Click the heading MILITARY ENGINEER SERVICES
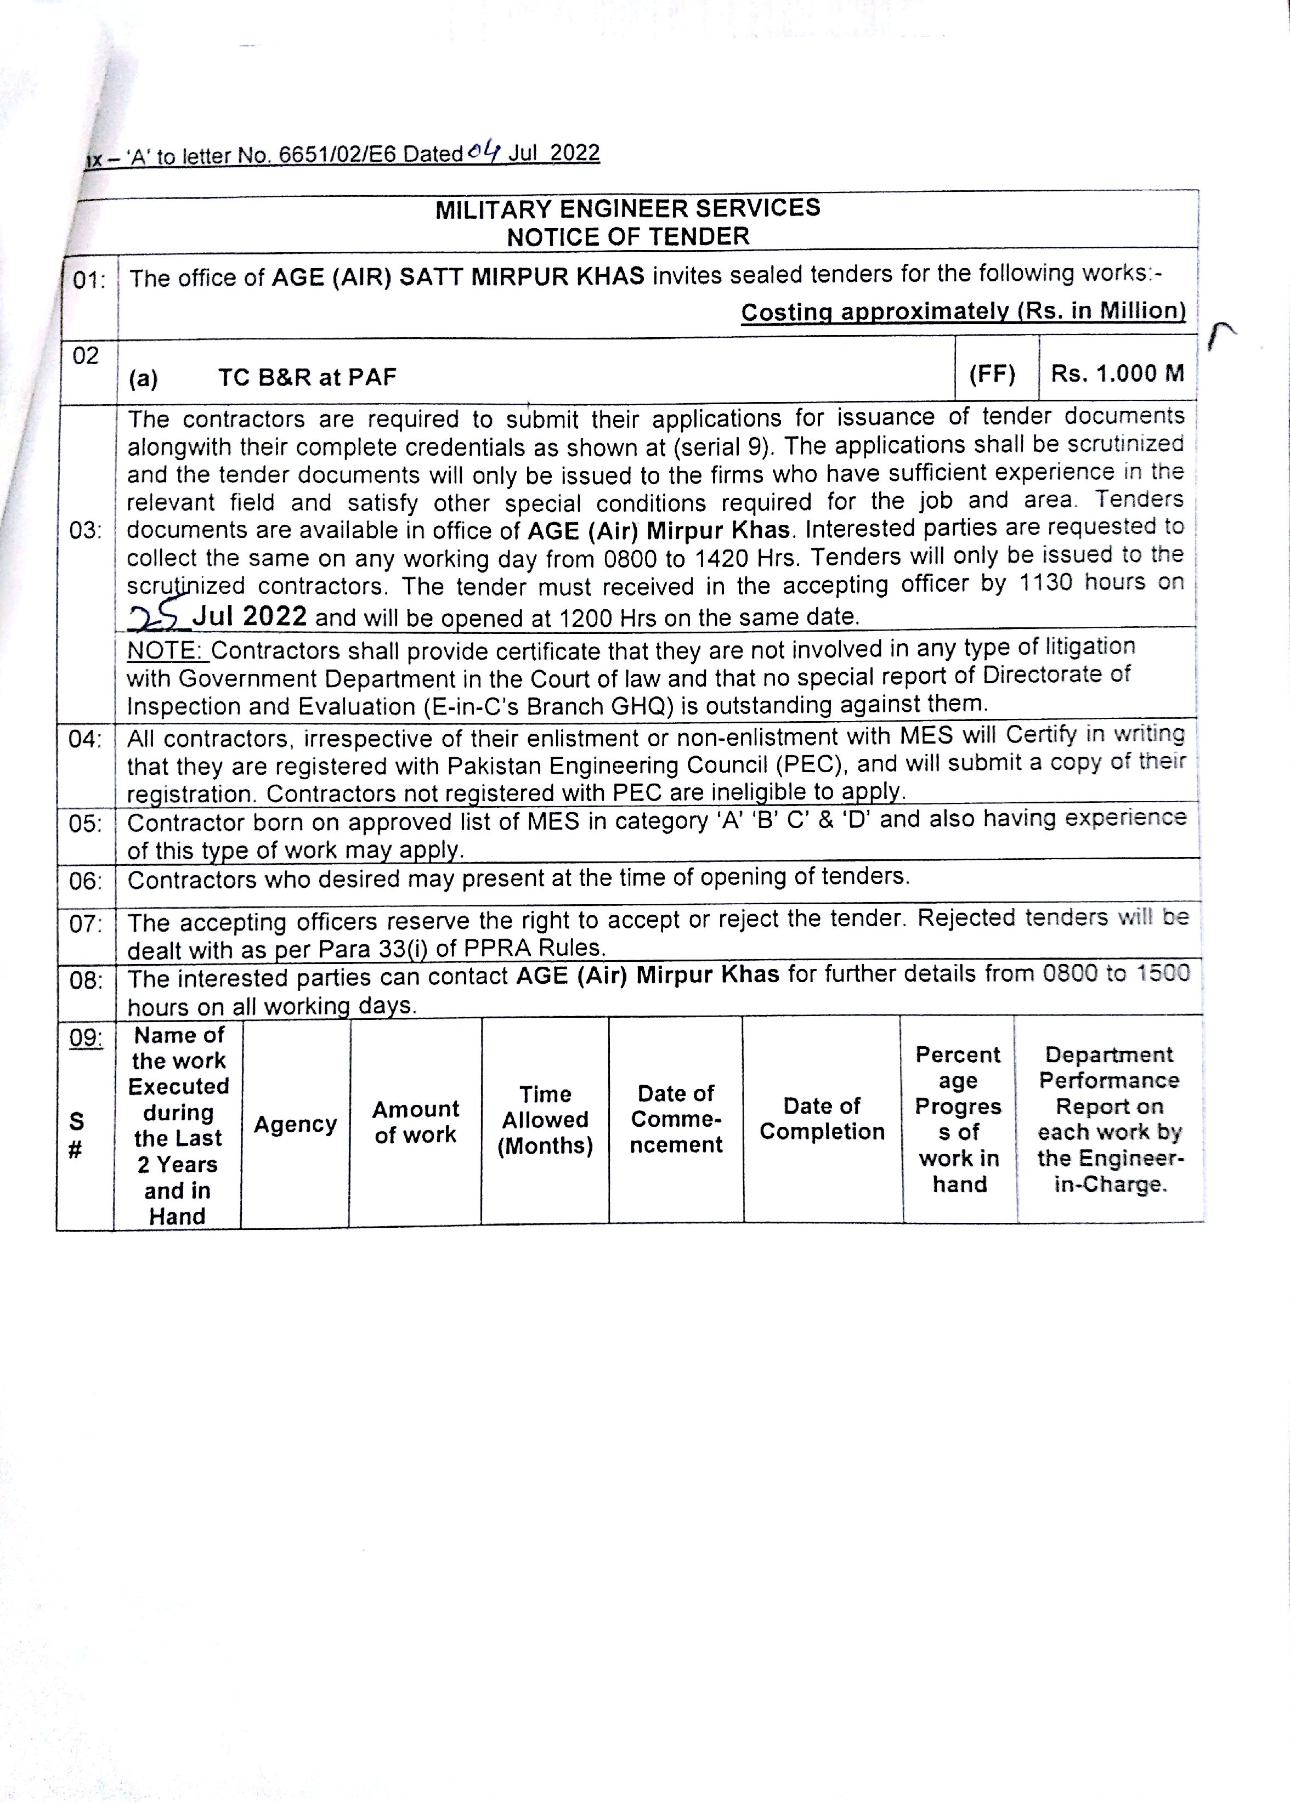pyautogui.click(x=627, y=209)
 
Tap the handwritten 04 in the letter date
pyautogui.click(x=484, y=151)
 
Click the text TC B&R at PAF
pyautogui.click(x=307, y=377)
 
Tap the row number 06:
pyautogui.click(x=86, y=881)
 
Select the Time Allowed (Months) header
pyautogui.click(x=545, y=1120)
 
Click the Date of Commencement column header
pyautogui.click(x=676, y=1119)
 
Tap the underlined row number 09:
pyautogui.click(x=86, y=1037)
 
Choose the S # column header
pyautogui.click(x=76, y=1135)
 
